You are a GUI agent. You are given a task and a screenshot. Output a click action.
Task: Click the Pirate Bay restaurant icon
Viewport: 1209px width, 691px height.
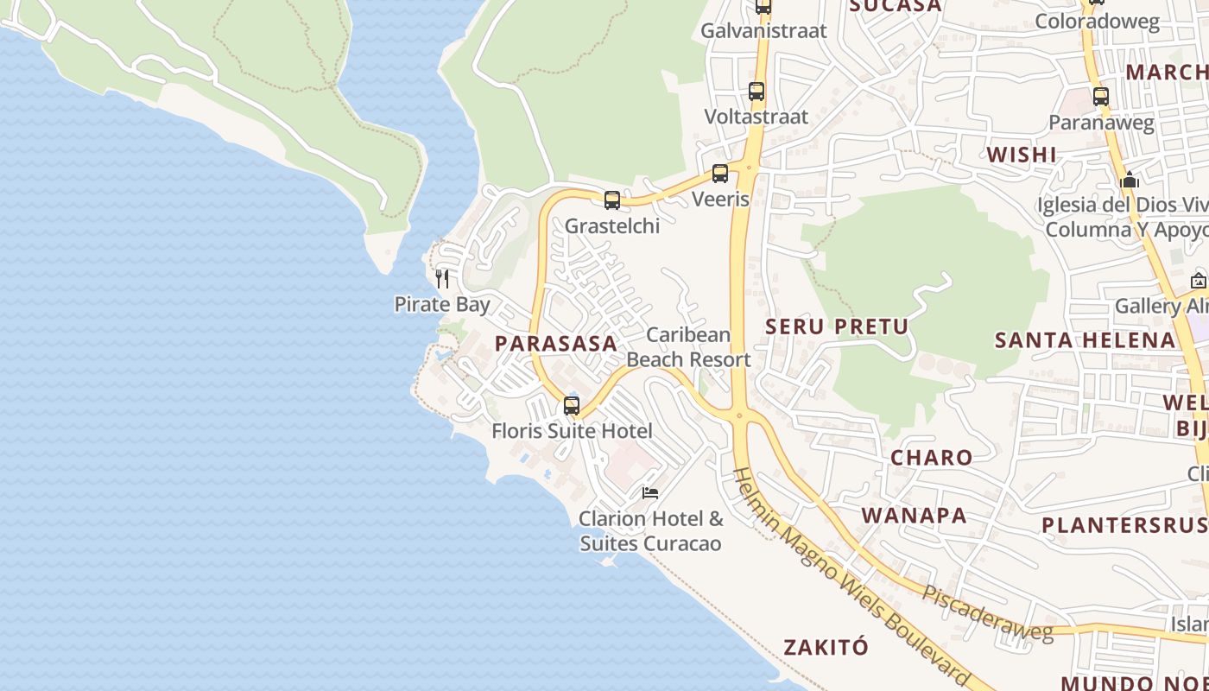coord(442,278)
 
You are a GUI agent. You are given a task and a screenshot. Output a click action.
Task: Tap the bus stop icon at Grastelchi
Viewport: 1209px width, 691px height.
coord(612,200)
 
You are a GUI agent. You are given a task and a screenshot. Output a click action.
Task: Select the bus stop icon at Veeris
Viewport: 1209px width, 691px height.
coord(720,174)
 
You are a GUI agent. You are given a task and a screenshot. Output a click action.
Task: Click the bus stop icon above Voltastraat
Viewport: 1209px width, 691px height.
coord(756,91)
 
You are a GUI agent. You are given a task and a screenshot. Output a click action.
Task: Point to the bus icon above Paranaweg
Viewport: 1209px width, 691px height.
coord(1101,97)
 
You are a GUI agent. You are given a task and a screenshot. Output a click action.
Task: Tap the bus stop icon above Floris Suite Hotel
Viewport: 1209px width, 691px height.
coord(572,406)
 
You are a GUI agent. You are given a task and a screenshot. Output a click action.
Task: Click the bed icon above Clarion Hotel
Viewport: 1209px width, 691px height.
coord(650,493)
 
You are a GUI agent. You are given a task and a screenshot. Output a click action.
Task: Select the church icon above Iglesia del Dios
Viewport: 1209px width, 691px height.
coord(1130,181)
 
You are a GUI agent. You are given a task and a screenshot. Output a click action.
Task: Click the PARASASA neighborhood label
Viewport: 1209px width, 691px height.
coord(556,344)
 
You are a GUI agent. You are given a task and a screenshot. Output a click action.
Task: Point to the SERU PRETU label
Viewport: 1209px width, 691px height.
coord(837,326)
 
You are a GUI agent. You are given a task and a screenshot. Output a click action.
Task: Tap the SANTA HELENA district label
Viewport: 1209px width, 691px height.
coord(1086,340)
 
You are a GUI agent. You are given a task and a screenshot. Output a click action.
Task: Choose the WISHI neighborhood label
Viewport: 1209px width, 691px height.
coord(1022,155)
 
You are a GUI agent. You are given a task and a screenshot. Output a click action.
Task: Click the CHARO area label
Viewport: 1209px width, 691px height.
coord(931,458)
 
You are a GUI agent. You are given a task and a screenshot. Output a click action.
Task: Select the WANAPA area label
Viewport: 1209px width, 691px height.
coord(915,516)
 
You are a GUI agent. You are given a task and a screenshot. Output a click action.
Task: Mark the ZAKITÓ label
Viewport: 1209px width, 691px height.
coord(826,647)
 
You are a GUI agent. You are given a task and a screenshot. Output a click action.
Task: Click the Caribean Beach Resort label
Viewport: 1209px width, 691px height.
coord(688,347)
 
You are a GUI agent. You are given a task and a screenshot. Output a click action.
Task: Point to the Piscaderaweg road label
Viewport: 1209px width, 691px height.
coord(988,615)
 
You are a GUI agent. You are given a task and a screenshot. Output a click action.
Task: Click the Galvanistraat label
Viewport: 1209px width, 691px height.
coord(763,31)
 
